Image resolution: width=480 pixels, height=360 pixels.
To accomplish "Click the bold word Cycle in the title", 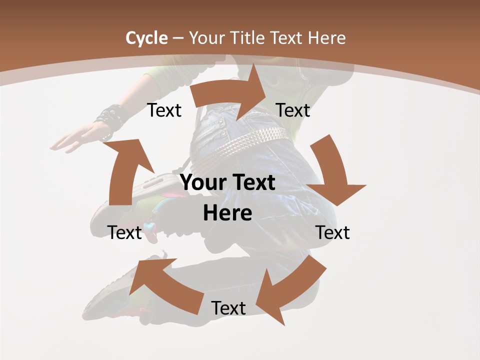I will pos(146,38).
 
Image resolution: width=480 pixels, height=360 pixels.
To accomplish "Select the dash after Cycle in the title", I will pos(178,38).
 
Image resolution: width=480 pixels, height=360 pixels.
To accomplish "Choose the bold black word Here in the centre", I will pos(227,213).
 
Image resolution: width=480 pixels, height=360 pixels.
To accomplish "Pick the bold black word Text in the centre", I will pos(252,183).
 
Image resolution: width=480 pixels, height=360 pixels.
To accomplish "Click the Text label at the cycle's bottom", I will pos(228,308).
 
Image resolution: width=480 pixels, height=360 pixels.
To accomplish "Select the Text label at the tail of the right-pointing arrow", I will pos(164,110).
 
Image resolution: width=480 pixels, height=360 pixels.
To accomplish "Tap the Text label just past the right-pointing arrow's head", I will pos(293,110).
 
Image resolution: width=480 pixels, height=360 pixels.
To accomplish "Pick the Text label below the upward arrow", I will pos(125,232).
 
